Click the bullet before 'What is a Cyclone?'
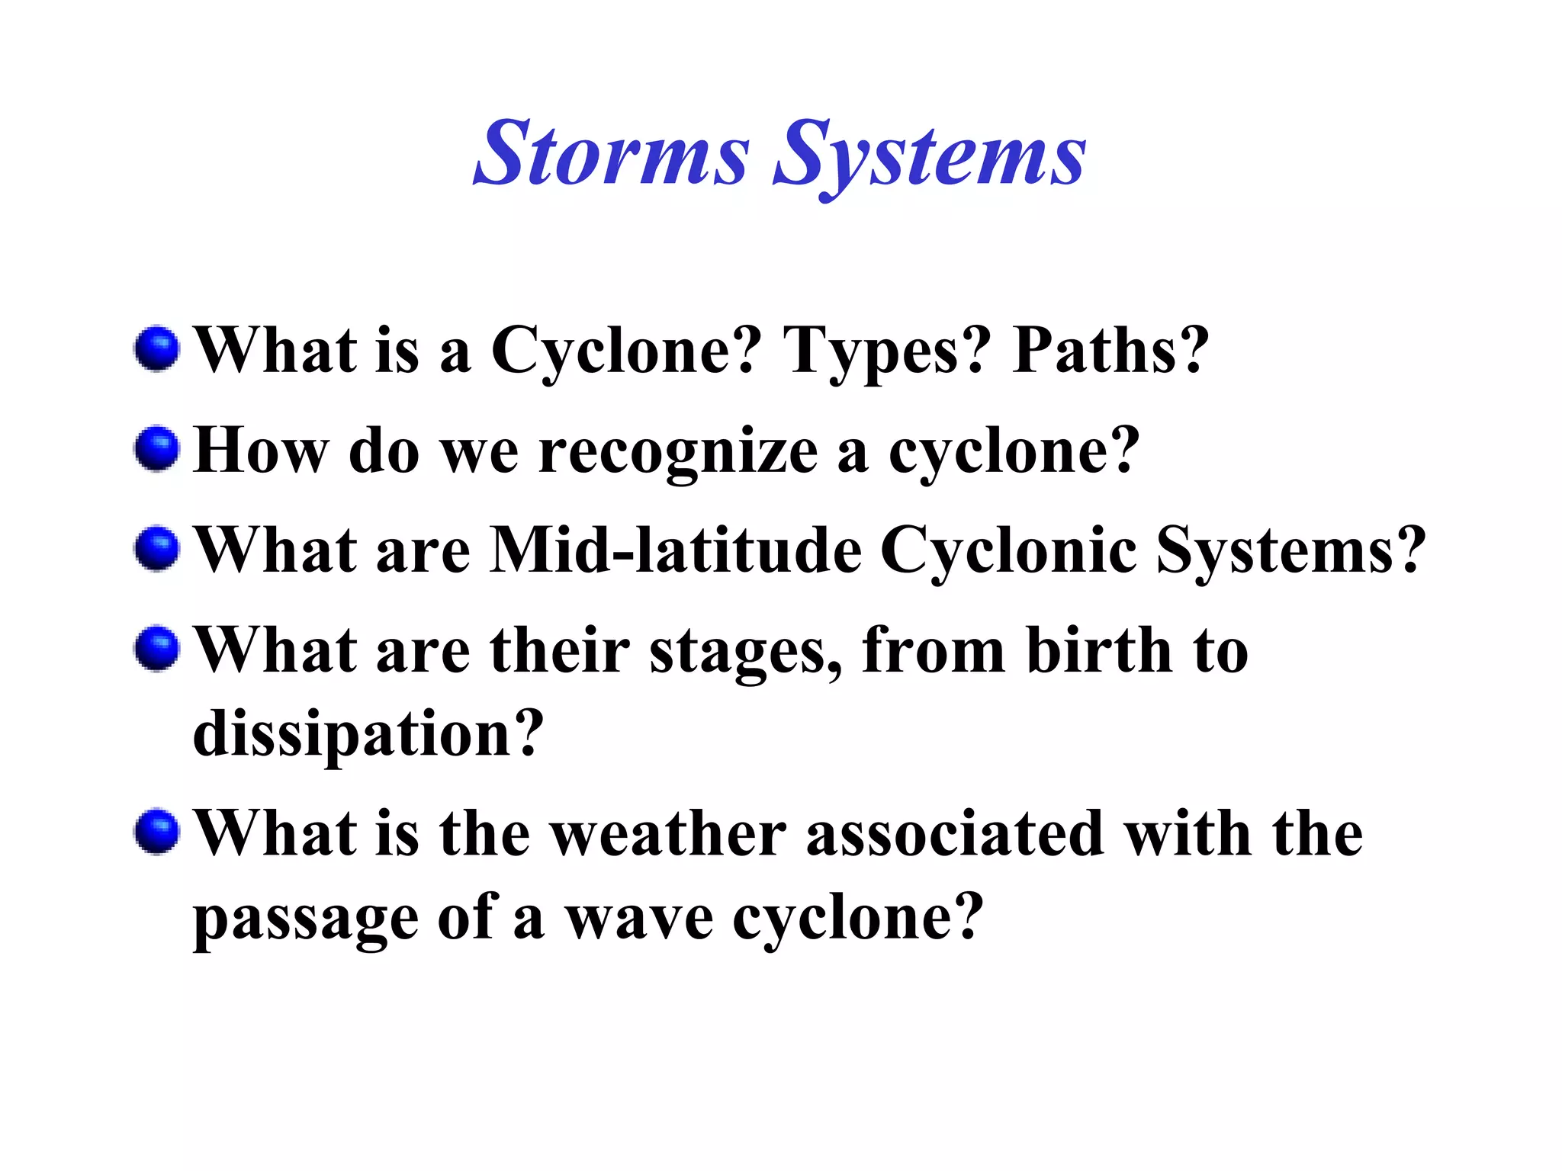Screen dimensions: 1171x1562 click(157, 349)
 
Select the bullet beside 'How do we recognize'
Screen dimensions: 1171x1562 click(157, 448)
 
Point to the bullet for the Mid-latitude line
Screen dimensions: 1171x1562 click(157, 548)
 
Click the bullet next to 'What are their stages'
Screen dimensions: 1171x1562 click(157, 649)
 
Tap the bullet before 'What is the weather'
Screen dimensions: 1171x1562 click(157, 832)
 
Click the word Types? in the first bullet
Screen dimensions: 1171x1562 click(887, 352)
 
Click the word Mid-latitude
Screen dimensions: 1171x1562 click(676, 550)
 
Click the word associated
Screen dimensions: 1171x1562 click(955, 834)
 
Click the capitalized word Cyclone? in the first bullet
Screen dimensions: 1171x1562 click(625, 352)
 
